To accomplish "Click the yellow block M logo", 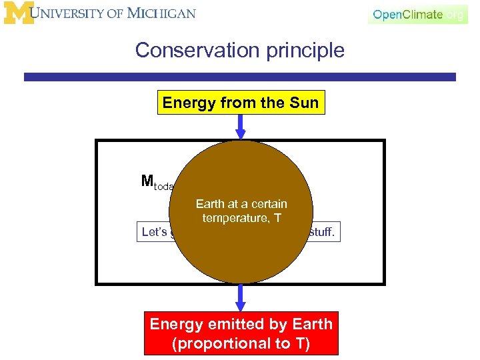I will click(17, 13).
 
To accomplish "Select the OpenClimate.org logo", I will click(417, 14).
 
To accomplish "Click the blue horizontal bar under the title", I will click(240, 77).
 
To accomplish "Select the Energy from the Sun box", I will click(241, 103).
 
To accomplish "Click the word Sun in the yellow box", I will click(304, 103).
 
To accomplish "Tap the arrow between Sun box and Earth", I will click(241, 127).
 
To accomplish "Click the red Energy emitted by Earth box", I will click(241, 333).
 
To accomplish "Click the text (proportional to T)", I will click(241, 343).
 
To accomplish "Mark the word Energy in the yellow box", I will click(186, 103).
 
